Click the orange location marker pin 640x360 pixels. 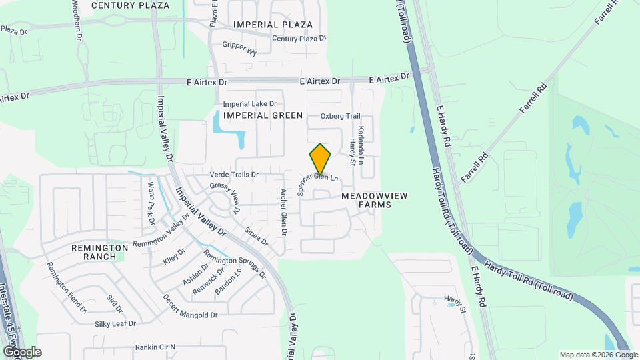(x=321, y=159)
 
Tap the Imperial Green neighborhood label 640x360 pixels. (x=263, y=115)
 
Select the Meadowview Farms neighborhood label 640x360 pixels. (x=374, y=200)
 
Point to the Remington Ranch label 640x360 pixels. (x=100, y=251)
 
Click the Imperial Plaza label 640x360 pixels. (x=273, y=25)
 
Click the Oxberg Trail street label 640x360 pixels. (x=340, y=116)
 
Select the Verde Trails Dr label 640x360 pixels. (x=234, y=175)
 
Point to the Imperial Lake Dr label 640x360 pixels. (x=254, y=104)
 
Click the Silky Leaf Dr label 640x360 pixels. (x=115, y=323)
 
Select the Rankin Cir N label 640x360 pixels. (x=155, y=347)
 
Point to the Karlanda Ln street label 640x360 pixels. (x=361, y=146)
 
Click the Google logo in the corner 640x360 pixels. (x=22, y=352)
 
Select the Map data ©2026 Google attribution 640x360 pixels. (x=598, y=355)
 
